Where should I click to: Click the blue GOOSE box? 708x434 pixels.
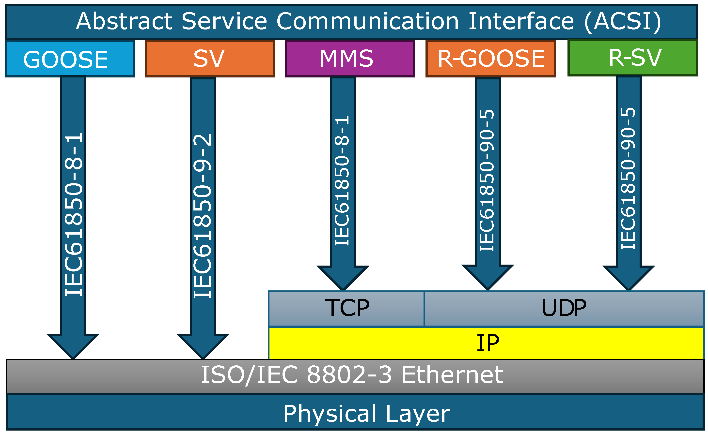70,59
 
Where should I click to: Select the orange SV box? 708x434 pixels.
210,59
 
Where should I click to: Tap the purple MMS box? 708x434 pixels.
350,59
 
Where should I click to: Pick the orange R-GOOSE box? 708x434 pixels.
490,59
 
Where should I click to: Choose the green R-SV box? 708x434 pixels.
632,58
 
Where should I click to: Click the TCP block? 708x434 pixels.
346,308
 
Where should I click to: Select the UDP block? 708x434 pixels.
564,308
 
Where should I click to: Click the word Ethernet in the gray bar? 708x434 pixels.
452,375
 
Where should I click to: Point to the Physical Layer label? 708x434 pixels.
366,414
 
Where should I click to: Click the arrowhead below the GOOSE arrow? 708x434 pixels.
73,345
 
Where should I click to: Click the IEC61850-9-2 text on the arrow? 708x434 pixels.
203,215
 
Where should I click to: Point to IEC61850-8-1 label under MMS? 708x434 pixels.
343,181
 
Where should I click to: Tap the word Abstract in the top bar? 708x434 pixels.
124,22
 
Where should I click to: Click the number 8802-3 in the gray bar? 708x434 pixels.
349,375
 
